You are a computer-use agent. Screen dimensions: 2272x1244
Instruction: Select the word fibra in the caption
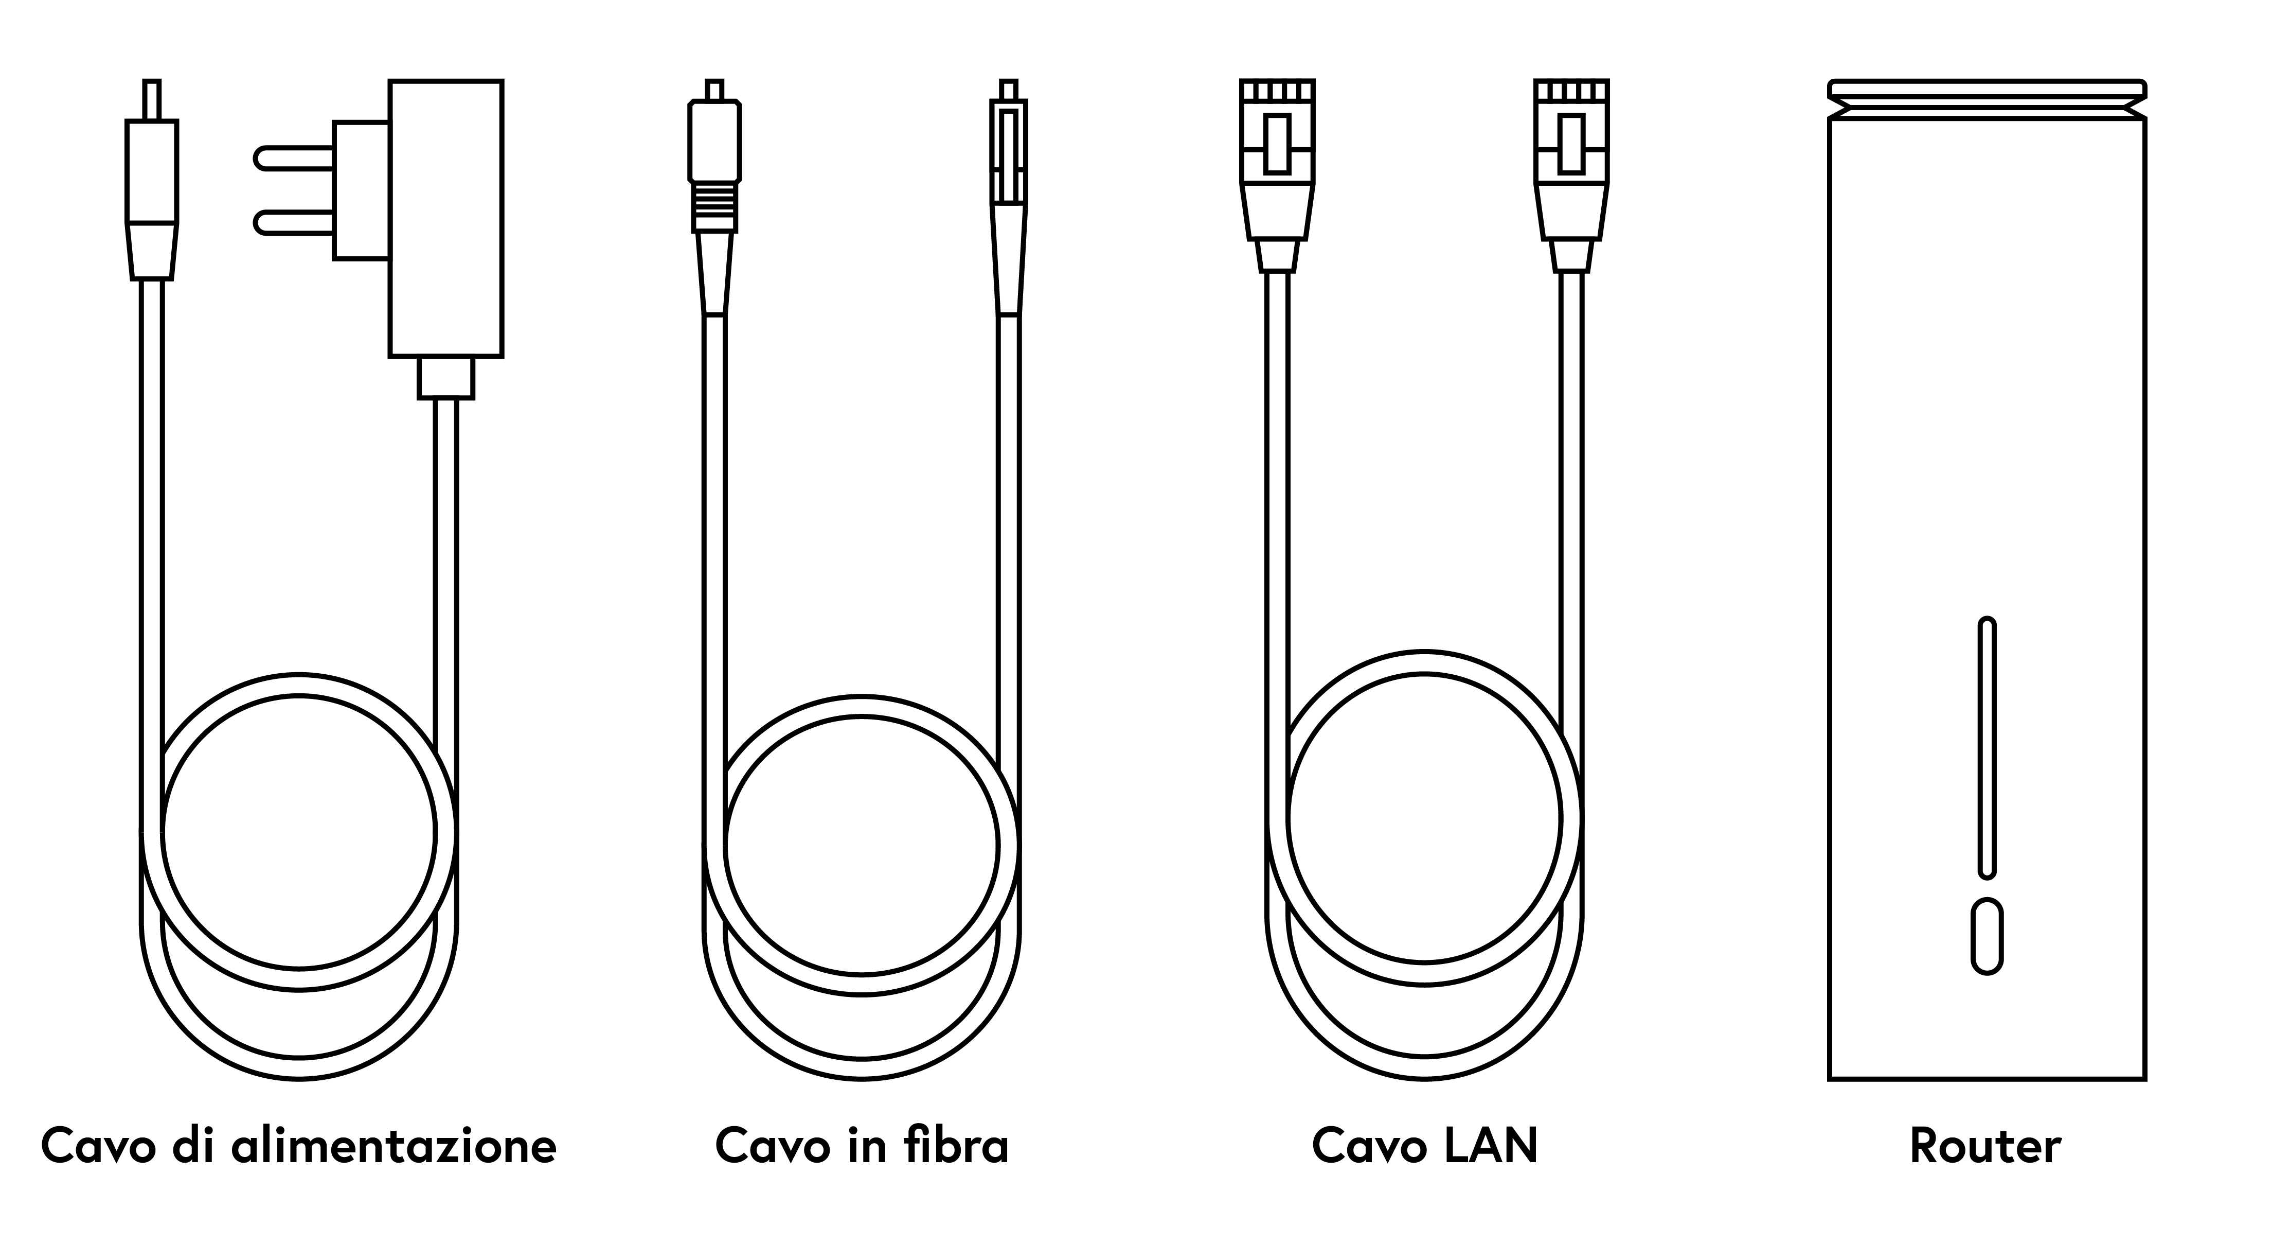coord(957,1145)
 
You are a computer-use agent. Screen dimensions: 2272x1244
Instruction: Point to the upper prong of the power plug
coord(294,158)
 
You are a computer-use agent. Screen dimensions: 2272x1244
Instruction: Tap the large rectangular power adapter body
coord(446,219)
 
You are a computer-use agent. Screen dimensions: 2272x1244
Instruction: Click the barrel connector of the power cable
coord(152,180)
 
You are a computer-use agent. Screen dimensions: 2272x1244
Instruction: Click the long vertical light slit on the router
coord(1987,748)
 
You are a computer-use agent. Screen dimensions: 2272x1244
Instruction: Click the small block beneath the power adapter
coord(446,378)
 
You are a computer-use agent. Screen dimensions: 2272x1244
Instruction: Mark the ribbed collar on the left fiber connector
coord(714,207)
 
